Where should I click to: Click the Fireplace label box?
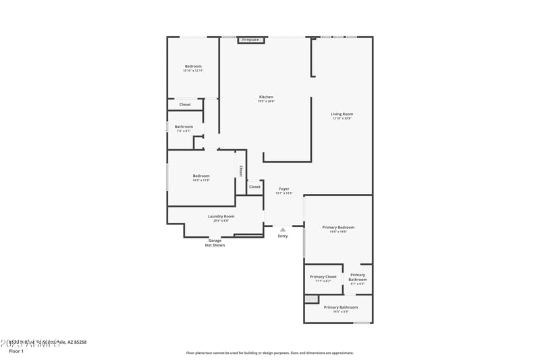tap(250, 40)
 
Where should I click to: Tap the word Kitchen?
tap(266, 97)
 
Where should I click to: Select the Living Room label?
tap(342, 114)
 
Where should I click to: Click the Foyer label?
tap(283, 189)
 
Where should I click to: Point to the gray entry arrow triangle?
tap(283, 230)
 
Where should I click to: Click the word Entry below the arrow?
tap(283, 236)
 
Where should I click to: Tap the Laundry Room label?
tap(221, 216)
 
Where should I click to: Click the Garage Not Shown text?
tap(215, 242)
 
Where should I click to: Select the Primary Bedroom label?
tap(338, 228)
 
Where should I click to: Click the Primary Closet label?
tap(323, 277)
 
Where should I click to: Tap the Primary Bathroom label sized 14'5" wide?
tap(341, 307)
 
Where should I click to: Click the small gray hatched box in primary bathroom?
tap(311, 299)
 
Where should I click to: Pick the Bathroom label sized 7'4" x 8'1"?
tap(184, 126)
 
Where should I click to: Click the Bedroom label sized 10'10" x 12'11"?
tap(193, 66)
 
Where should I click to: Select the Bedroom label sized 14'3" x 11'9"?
tap(201, 176)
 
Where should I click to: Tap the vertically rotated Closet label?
tap(240, 171)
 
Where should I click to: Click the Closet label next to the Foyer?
tap(254, 186)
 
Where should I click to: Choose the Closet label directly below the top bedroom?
tap(185, 105)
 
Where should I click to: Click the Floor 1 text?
tap(16, 351)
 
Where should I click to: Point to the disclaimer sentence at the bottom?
tap(269, 353)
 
